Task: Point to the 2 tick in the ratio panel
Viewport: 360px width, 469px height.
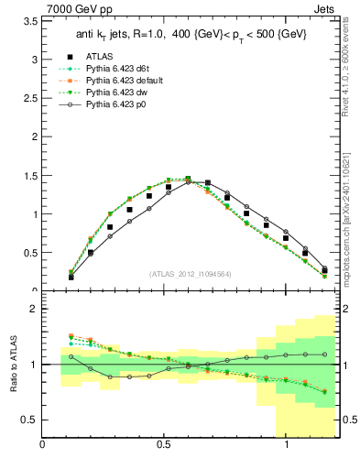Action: point(33,310)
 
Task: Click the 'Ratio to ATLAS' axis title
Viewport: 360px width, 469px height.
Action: point(12,365)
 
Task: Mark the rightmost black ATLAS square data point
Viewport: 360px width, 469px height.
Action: point(324,270)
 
